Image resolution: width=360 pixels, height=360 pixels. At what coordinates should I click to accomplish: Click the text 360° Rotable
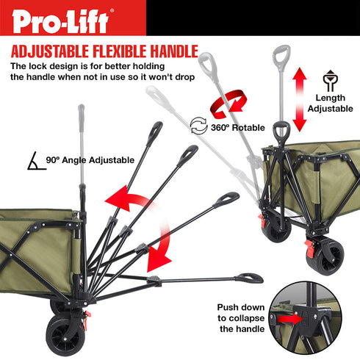click(238, 127)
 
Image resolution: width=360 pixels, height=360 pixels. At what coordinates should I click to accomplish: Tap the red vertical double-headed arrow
click(299, 98)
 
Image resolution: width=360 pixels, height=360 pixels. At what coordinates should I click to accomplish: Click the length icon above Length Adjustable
click(330, 81)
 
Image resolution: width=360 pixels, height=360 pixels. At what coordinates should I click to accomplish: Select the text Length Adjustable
click(330, 104)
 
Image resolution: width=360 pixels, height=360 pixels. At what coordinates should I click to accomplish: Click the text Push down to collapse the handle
click(240, 318)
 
